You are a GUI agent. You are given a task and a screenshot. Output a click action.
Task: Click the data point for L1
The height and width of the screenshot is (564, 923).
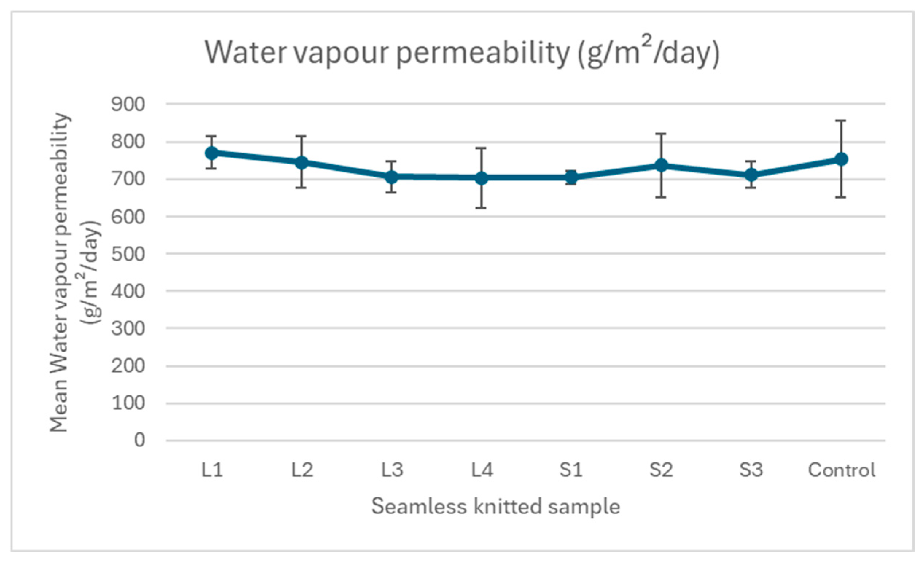click(212, 153)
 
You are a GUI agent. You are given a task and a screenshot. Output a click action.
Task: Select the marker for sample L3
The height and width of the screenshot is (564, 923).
click(392, 177)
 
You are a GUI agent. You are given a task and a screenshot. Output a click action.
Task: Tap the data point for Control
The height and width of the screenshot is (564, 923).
click(841, 159)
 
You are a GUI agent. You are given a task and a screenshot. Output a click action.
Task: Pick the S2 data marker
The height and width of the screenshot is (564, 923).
click(662, 165)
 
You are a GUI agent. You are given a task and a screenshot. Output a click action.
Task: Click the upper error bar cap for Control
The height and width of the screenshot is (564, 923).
click(841, 121)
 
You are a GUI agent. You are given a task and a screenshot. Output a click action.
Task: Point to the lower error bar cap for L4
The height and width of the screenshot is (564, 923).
click(482, 208)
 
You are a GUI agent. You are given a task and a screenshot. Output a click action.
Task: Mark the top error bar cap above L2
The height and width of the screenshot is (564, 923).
click(302, 136)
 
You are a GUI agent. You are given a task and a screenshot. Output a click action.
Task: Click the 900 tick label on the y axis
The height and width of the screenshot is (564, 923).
click(128, 104)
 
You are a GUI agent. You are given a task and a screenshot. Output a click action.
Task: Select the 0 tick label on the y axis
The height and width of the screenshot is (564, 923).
click(139, 440)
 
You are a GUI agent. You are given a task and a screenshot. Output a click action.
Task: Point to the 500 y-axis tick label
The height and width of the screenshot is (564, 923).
click(128, 254)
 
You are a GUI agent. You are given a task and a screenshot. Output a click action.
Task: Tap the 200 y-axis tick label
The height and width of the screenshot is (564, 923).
click(128, 365)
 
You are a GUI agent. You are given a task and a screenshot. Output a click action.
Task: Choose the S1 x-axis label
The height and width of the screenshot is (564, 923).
click(571, 470)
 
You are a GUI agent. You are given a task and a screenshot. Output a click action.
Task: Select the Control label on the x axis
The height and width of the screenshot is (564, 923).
click(841, 470)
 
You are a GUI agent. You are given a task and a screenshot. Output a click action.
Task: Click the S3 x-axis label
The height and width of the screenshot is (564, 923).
click(751, 470)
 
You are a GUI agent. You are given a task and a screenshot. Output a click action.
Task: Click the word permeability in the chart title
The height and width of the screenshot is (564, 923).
click(483, 54)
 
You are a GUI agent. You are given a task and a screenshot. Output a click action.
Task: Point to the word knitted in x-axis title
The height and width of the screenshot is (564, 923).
click(507, 507)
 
